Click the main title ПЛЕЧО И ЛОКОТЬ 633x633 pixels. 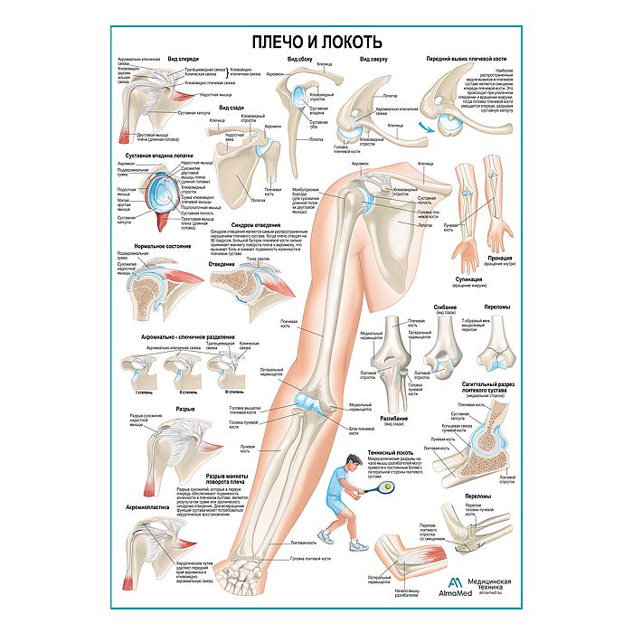316,42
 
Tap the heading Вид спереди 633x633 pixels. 184,59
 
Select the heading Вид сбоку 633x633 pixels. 301,60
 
